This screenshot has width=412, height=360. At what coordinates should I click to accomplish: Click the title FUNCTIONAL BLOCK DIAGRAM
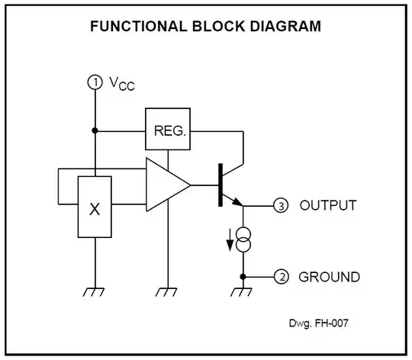click(x=205, y=26)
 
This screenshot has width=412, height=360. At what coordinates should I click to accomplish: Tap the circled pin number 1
click(x=95, y=83)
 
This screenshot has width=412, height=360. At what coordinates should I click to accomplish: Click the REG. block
click(x=169, y=130)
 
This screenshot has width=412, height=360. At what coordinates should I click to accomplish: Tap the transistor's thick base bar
click(x=220, y=185)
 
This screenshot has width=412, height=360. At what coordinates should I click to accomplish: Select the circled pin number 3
click(x=282, y=206)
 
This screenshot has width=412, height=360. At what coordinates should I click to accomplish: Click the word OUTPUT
click(x=327, y=206)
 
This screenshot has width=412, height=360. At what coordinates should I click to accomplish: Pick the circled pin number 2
click(x=282, y=276)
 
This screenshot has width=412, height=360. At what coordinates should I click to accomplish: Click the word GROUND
click(x=329, y=276)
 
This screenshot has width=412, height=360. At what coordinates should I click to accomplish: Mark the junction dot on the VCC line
click(x=95, y=130)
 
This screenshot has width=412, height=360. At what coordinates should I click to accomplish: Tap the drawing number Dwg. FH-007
click(x=319, y=323)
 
